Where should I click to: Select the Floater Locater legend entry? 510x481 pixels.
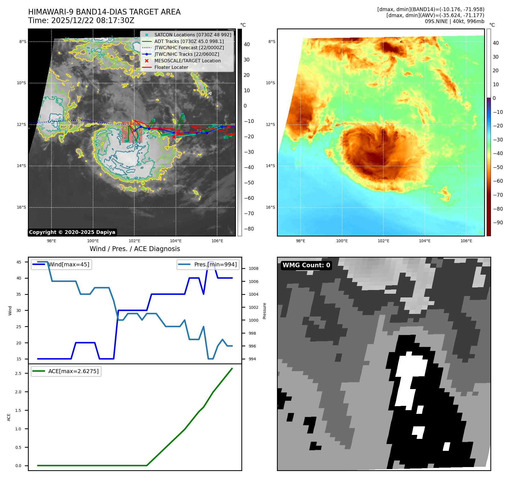click(x=171, y=67)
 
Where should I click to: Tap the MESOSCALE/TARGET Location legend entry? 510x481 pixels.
click(x=187, y=61)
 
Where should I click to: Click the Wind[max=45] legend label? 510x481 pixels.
click(x=69, y=264)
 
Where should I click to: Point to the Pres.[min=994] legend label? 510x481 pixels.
click(x=215, y=264)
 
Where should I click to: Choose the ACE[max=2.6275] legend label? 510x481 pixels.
click(x=73, y=371)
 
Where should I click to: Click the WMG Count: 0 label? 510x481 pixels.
click(x=306, y=265)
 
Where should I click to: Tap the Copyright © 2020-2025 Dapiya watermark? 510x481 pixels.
click(x=72, y=232)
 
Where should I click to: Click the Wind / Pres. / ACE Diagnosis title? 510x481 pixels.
click(x=135, y=249)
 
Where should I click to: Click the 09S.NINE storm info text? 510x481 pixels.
click(x=454, y=21)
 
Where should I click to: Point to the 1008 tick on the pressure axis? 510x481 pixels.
click(x=253, y=268)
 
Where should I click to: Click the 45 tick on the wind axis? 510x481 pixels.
click(x=19, y=262)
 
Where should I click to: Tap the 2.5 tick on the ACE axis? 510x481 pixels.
click(x=18, y=373)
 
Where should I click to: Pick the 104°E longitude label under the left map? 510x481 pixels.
click(x=176, y=241)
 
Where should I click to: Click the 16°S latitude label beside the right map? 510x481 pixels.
click(x=270, y=207)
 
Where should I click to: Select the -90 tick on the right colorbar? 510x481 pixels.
click(x=498, y=223)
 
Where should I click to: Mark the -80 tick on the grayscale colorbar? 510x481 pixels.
click(x=249, y=229)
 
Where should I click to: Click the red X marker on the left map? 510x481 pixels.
click(x=174, y=137)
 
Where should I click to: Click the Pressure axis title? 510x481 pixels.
click(x=264, y=311)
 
